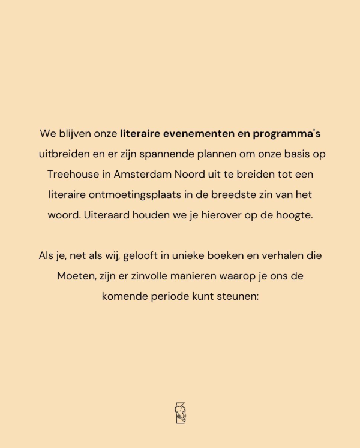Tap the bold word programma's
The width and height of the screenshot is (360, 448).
290,133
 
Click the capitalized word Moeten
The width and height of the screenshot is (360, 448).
73,276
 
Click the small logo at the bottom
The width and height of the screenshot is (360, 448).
180,413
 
